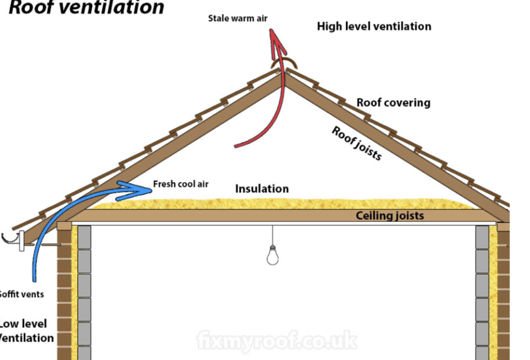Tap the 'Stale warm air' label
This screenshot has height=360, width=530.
coord(238,18)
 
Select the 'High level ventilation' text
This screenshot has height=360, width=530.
coord(373,26)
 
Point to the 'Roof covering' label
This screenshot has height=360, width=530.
coord(393,103)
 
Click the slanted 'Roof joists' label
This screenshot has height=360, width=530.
coord(357,143)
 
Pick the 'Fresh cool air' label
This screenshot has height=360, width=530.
coord(181,185)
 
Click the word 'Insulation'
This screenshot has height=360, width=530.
coord(262,189)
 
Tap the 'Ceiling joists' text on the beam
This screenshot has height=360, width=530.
coord(390,216)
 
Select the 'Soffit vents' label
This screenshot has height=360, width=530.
coord(21,294)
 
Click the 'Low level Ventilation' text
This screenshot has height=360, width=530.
coord(26,331)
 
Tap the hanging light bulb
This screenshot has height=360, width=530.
coord(273,255)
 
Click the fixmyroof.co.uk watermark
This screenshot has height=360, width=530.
coord(276,341)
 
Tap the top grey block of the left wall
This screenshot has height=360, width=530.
coord(84,236)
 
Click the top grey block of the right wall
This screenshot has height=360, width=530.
coord(482,236)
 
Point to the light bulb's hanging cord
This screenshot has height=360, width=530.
coord(273,236)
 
